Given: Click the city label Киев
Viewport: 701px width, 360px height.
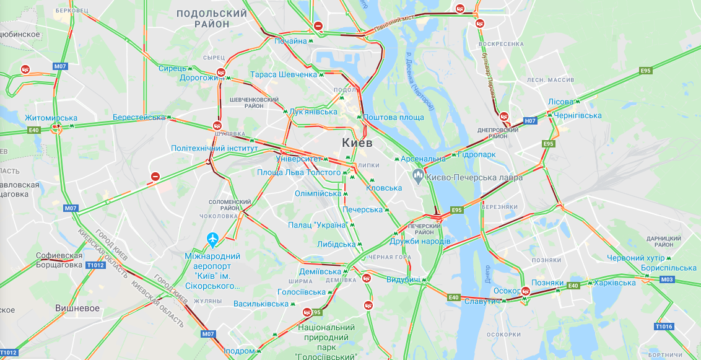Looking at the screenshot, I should [x=357, y=143].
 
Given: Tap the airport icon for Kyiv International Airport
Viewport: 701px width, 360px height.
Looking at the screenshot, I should [x=213, y=239].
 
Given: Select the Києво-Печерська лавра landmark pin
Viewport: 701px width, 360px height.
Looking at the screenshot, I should [x=418, y=177].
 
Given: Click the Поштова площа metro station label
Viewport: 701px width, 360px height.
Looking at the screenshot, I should [x=393, y=117].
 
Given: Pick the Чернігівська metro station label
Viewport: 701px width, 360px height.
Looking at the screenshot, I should [x=578, y=115].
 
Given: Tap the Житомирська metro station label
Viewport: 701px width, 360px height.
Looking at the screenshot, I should [x=51, y=118].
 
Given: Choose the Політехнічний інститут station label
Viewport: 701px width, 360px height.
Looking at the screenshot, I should [x=214, y=148].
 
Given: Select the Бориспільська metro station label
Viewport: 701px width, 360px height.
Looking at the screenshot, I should [x=669, y=268].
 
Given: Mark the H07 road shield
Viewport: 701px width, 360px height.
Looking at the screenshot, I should [x=530, y=121].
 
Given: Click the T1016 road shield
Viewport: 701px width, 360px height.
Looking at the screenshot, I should [x=663, y=326].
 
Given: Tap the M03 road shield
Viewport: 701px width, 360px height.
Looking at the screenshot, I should [x=666, y=279].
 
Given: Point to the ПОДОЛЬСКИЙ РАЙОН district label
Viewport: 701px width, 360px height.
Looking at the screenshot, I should [x=212, y=18].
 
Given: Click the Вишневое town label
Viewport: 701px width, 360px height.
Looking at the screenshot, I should [x=77, y=308].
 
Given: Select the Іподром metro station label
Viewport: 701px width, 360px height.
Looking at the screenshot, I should [x=238, y=351].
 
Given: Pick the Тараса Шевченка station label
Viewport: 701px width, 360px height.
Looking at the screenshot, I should [x=283, y=74].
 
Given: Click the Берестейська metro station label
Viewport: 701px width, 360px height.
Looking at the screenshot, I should [x=139, y=117].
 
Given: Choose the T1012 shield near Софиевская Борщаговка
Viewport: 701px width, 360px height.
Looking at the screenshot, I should [x=96, y=265].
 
